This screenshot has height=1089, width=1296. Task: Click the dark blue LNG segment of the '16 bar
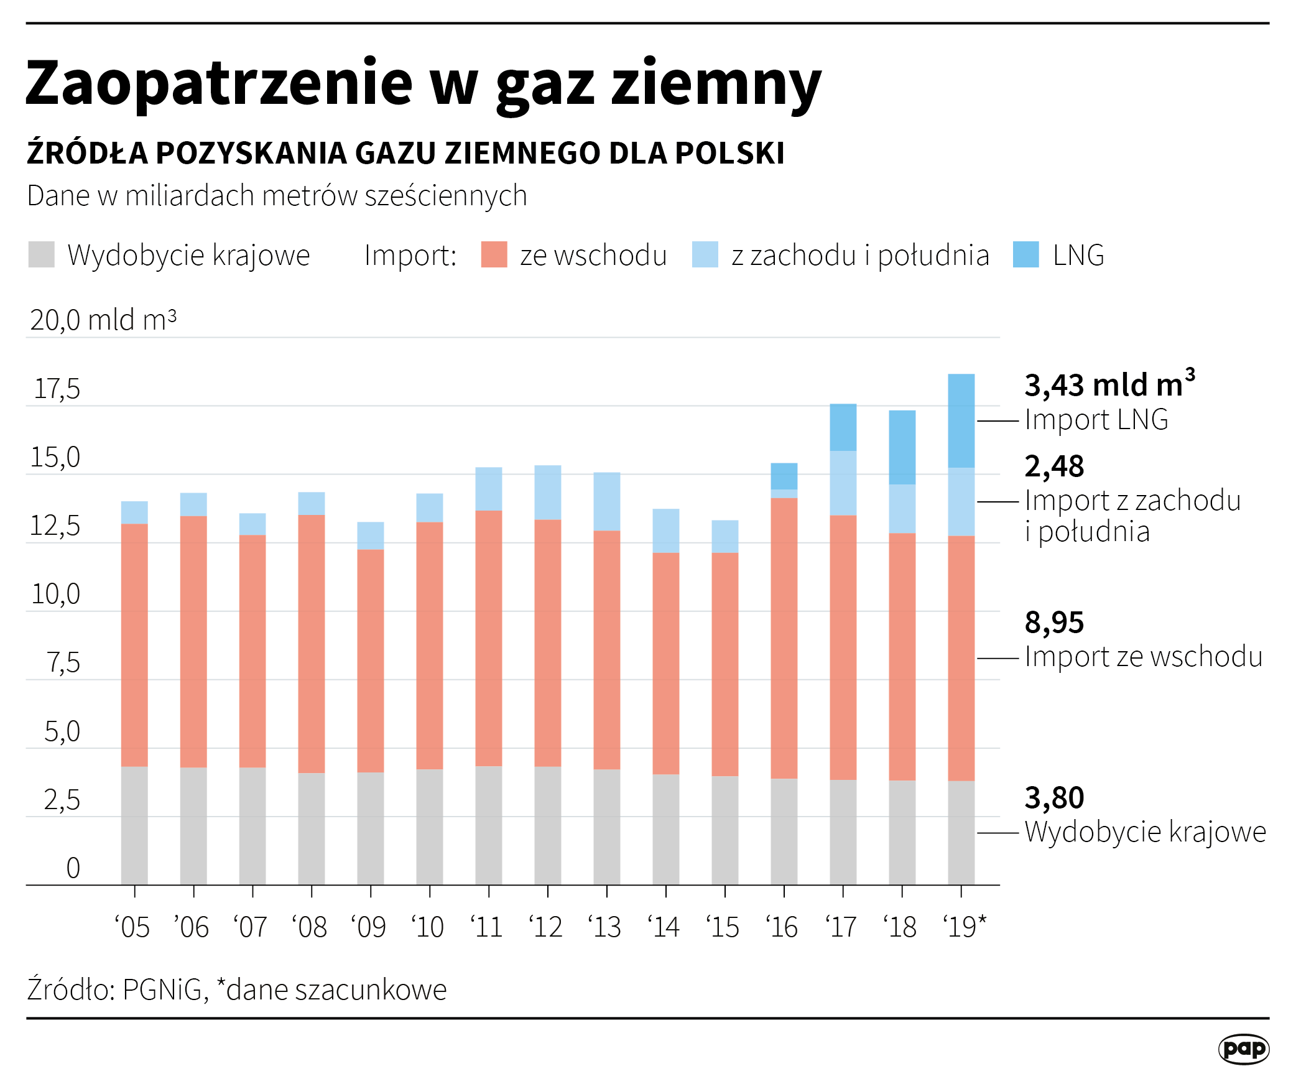(x=784, y=476)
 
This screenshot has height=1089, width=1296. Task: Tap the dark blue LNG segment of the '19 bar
(x=961, y=420)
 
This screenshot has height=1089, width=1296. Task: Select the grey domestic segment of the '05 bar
(x=134, y=825)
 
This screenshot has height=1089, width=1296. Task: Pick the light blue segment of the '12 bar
(x=547, y=492)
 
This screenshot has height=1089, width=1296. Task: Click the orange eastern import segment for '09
(x=370, y=660)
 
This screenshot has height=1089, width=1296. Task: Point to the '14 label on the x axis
(x=664, y=927)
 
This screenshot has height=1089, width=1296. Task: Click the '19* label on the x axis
(x=964, y=927)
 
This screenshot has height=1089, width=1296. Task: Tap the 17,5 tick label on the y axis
(x=57, y=389)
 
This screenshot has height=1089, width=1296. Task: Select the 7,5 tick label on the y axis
(x=63, y=663)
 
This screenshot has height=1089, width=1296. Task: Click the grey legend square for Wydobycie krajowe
(x=42, y=255)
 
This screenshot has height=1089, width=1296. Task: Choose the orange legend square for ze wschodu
(x=494, y=255)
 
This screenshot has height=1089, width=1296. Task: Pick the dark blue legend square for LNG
(x=1025, y=255)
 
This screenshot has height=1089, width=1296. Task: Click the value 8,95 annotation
(x=1054, y=623)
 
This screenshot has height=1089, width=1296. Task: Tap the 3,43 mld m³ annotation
(x=1109, y=385)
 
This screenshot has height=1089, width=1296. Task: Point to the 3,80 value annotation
(x=1054, y=798)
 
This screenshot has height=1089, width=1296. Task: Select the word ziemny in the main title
(x=716, y=84)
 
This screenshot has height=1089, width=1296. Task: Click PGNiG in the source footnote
(x=162, y=989)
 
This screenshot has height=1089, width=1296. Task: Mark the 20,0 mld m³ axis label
(x=103, y=320)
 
